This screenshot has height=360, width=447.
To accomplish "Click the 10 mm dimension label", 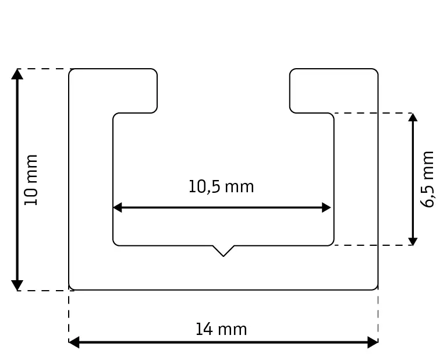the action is (x=31, y=179).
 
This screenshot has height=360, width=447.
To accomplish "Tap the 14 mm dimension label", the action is (x=221, y=330).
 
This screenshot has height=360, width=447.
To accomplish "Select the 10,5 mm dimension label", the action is (x=221, y=187).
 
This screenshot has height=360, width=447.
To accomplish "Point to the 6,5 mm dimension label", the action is (x=428, y=179).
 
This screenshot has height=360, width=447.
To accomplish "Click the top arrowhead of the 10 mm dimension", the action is (x=17, y=73).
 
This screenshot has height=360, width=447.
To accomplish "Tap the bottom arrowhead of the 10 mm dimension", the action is (x=17, y=285).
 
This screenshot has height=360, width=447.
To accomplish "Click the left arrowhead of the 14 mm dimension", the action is (x=74, y=343).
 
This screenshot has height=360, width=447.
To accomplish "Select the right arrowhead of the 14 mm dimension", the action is (x=373, y=343).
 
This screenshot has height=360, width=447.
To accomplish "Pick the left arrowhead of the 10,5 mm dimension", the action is (x=117, y=207).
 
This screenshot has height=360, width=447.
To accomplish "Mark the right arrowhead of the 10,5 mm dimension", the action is (x=327, y=207).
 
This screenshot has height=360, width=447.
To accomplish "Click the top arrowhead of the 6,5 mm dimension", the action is (x=413, y=117).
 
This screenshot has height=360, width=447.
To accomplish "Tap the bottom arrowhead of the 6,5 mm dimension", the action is (x=413, y=241).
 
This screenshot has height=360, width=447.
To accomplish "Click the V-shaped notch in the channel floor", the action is (x=223, y=251).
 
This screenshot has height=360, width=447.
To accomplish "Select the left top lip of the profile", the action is (x=134, y=90).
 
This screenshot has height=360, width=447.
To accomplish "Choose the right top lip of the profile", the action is (x=312, y=90).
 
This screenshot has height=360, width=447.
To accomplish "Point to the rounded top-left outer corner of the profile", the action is (x=71, y=71).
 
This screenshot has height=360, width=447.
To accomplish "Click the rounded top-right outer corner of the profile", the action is (x=376, y=71).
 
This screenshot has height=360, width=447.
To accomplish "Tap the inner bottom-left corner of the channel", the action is (x=115, y=243).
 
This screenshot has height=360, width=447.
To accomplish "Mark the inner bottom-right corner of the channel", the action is (x=332, y=243).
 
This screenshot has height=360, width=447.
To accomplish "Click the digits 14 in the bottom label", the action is (x=203, y=330).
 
